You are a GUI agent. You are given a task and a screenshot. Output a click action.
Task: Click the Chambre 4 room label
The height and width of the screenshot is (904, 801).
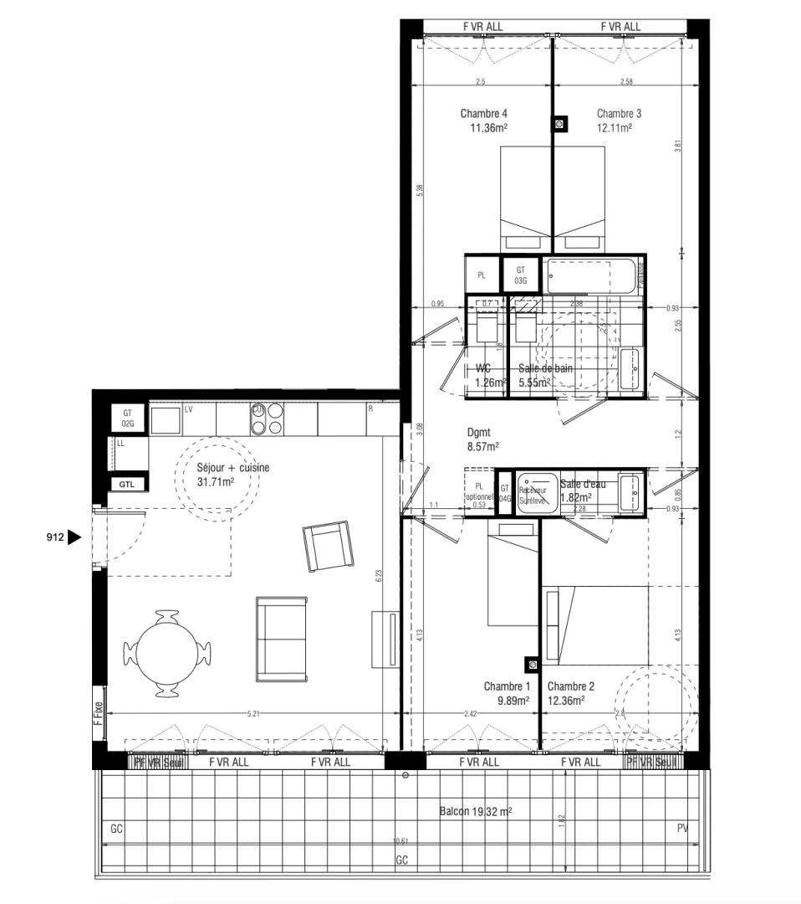(483, 114)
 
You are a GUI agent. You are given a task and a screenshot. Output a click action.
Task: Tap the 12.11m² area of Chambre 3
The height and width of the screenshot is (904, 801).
(614, 128)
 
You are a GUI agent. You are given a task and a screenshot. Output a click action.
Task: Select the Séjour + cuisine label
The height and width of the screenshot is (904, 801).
(232, 469)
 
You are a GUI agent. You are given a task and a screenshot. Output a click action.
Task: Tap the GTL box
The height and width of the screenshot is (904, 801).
(127, 484)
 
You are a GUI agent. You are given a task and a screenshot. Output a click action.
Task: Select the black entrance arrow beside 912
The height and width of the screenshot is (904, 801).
(74, 537)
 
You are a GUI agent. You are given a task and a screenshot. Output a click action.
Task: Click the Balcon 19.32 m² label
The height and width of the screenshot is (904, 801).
(476, 812)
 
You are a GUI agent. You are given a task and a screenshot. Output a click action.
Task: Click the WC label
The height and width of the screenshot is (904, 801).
(482, 368)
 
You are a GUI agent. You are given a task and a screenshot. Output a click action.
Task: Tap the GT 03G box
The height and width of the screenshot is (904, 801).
(520, 275)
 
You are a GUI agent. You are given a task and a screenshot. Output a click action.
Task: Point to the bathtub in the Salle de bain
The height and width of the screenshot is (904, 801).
(591, 275)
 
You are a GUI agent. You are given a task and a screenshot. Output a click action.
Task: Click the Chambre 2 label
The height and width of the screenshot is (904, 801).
(572, 686)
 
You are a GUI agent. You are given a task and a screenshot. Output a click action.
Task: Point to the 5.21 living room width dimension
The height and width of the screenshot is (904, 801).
(255, 714)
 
